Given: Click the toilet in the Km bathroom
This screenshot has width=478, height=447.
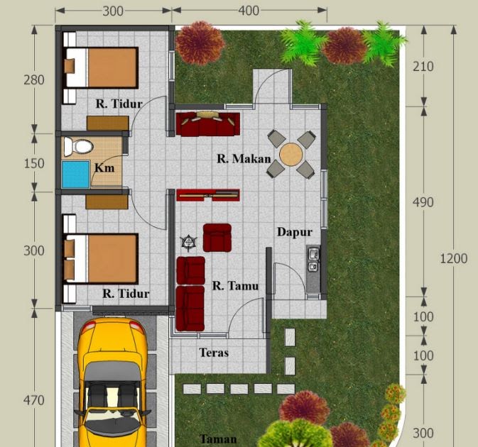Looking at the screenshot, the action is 78,147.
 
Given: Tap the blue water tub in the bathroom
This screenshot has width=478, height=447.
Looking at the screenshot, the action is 76,175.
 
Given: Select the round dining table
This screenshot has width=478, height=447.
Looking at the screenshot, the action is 291,155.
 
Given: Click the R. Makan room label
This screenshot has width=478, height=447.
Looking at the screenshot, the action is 244,159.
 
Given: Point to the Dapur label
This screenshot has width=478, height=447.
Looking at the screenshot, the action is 295,232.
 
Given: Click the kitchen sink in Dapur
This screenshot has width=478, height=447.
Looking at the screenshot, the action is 314,260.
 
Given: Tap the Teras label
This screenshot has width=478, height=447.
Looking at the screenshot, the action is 214,353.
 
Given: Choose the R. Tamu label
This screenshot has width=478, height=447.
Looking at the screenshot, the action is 235,286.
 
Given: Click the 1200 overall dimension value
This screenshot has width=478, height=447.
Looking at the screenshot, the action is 454,258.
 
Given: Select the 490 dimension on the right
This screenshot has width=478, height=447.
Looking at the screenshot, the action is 423,202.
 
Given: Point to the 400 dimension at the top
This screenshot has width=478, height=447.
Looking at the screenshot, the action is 249,11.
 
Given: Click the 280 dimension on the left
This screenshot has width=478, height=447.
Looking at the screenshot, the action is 34,80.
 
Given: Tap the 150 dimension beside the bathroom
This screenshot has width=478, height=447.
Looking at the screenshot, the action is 34,163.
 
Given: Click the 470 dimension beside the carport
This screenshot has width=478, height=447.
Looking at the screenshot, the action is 34,400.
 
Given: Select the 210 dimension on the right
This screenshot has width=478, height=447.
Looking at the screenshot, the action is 423,67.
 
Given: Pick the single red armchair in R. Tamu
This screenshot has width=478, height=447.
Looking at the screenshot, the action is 217,238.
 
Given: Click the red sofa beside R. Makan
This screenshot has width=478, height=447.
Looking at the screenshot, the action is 208,124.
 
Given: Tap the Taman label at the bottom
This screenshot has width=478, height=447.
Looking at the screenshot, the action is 218,439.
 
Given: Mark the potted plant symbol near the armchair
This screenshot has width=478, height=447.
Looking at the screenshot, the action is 188,243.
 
